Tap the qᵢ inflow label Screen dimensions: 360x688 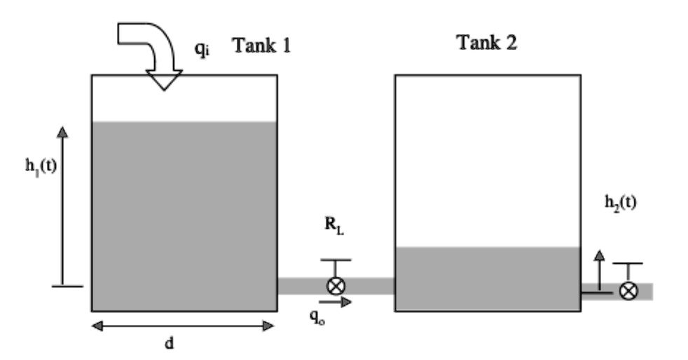click(202, 50)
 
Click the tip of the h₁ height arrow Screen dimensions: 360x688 click(62, 130)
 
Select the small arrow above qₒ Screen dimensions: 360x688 click(339, 302)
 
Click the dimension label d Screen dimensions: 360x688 click(169, 344)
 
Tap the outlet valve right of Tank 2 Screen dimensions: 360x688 click(628, 291)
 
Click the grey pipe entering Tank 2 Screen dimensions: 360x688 click(371, 286)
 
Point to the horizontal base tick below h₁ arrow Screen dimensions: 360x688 click(68, 286)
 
